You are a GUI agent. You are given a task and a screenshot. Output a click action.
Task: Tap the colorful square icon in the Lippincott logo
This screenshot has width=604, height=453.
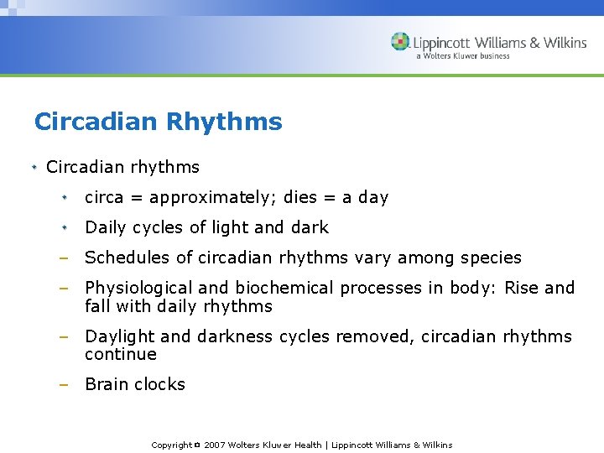[x=400, y=41]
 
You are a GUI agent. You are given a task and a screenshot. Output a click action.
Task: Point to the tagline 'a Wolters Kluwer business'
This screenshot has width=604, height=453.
[x=462, y=56]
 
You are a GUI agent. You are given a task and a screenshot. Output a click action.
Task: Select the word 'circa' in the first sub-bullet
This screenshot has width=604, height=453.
[x=104, y=198]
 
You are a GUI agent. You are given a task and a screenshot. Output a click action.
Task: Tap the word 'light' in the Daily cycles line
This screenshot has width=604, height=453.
[x=230, y=227]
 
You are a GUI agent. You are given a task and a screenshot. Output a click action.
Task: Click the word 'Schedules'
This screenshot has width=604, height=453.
[x=123, y=258]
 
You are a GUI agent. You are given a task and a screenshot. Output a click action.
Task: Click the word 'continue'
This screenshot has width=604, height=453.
[x=120, y=354]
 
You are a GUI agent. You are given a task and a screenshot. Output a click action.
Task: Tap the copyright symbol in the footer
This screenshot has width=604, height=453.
[x=197, y=445]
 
